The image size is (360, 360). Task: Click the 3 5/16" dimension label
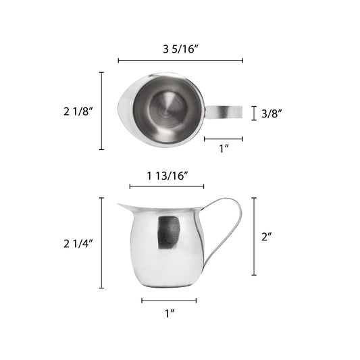(180, 48)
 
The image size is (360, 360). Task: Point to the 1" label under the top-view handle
(224, 149)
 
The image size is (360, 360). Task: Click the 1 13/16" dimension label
(166, 176)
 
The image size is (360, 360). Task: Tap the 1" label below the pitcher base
(169, 313)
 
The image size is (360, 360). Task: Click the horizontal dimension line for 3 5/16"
(180, 61)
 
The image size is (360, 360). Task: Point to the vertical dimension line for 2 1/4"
(102, 242)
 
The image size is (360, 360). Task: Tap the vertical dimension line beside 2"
(254, 236)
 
